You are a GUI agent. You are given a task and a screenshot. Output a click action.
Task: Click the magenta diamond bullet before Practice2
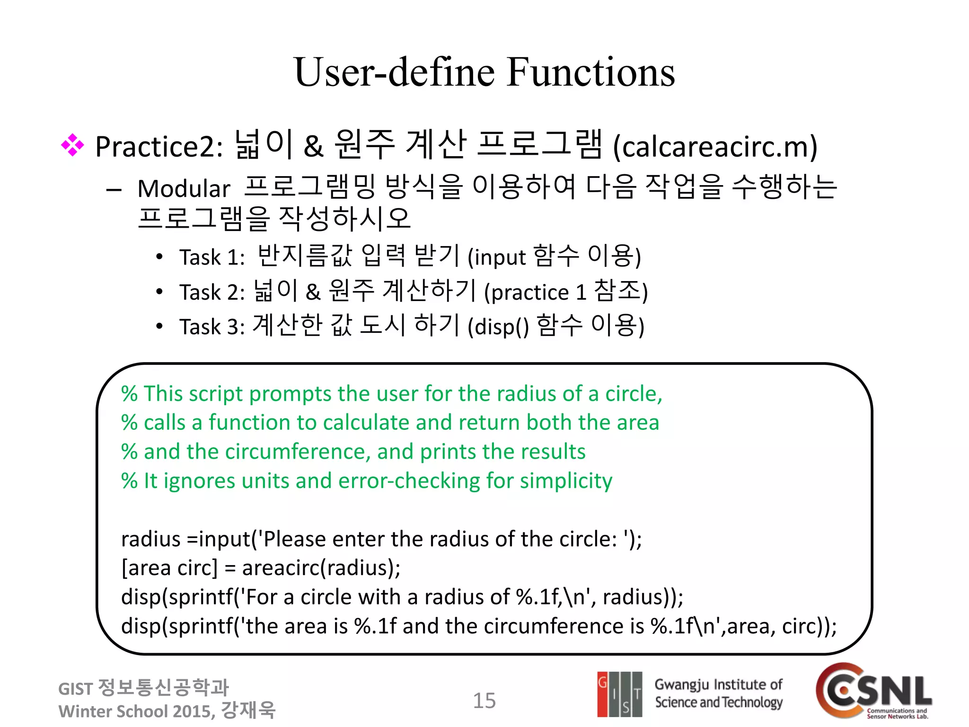pos(72,145)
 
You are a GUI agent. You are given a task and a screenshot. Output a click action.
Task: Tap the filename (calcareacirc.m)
pos(715,147)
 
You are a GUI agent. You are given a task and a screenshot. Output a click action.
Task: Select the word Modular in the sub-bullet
pos(184,188)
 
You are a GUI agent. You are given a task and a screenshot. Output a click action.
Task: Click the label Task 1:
pos(212,257)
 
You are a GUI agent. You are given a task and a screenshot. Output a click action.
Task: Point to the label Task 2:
pos(212,292)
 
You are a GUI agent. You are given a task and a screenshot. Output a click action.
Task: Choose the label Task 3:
pos(212,327)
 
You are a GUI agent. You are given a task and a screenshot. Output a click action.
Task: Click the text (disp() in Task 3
pos(498,327)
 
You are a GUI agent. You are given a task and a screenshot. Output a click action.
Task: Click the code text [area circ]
pos(169,567)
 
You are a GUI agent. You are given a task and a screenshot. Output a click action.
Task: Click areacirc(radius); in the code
pos(321,567)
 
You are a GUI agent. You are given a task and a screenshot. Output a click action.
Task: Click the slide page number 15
pos(484,700)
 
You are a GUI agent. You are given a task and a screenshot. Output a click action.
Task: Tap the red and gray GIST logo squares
pos(619,694)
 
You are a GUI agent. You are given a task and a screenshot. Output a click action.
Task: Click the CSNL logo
pos(873,691)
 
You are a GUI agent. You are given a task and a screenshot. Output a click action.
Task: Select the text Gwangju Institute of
pos(718,684)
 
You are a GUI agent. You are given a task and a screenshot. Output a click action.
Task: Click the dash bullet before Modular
pos(114,190)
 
